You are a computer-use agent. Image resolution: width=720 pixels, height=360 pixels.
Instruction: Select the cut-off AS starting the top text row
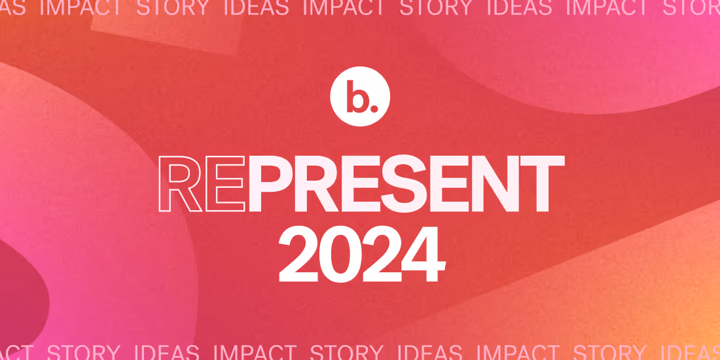(x=12, y=8)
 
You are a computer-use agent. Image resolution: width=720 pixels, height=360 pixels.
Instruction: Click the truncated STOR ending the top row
(x=691, y=8)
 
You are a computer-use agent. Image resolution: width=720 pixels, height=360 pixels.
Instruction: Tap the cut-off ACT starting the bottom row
(x=17, y=352)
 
